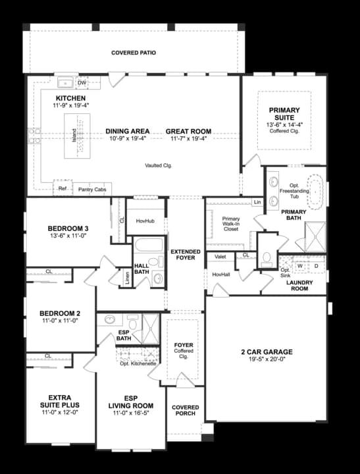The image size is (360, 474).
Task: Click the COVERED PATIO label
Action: pos(134,53)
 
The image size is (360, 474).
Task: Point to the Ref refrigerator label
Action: pos(63,188)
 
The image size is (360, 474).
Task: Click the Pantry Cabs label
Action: pos(91,189)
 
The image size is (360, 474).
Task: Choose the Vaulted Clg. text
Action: pos(159,165)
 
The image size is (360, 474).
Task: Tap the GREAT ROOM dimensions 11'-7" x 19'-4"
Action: pos(188,138)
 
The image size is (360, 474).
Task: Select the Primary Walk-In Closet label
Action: pos(231,224)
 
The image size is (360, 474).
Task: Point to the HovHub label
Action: pos(145,222)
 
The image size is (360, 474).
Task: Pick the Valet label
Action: pos(220,257)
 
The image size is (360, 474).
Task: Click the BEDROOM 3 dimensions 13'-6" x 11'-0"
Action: pos(68,236)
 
